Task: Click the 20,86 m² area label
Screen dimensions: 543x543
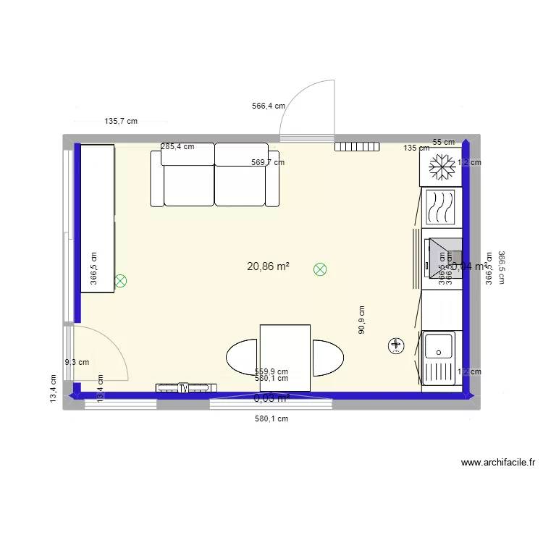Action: pos(268,266)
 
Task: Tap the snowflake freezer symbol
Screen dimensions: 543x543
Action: pos(439,168)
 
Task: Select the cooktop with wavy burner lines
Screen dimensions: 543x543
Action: pos(439,207)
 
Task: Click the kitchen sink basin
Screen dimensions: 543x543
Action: pos(439,346)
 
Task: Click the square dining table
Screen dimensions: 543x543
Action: pos(285,358)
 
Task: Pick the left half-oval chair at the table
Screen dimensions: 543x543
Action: pos(243,358)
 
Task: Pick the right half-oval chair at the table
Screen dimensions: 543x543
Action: pos(327,358)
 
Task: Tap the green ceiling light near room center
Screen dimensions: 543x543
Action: pos(319,269)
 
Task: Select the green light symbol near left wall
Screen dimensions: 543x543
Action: pos(120,280)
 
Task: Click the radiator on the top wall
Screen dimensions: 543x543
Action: pos(358,146)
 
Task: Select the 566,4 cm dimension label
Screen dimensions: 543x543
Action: pos(268,106)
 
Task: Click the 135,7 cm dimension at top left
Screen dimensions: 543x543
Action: pos(121,122)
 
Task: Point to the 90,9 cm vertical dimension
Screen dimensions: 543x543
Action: pos(361,319)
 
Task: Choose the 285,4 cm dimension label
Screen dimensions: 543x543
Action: pos(177,146)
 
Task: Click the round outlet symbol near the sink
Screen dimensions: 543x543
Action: pos(395,346)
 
